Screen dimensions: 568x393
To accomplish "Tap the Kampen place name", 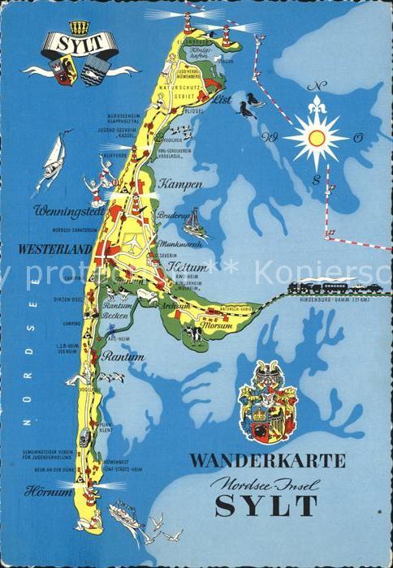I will coord(181,184).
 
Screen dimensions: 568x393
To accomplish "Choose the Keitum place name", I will coord(184,268).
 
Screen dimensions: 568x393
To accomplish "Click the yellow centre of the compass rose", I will coord(316,138).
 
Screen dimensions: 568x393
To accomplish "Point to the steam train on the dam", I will coord(325,286).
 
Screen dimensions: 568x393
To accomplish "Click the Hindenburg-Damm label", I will coord(340,301).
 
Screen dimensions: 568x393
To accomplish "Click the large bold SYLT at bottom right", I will coord(266,506).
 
